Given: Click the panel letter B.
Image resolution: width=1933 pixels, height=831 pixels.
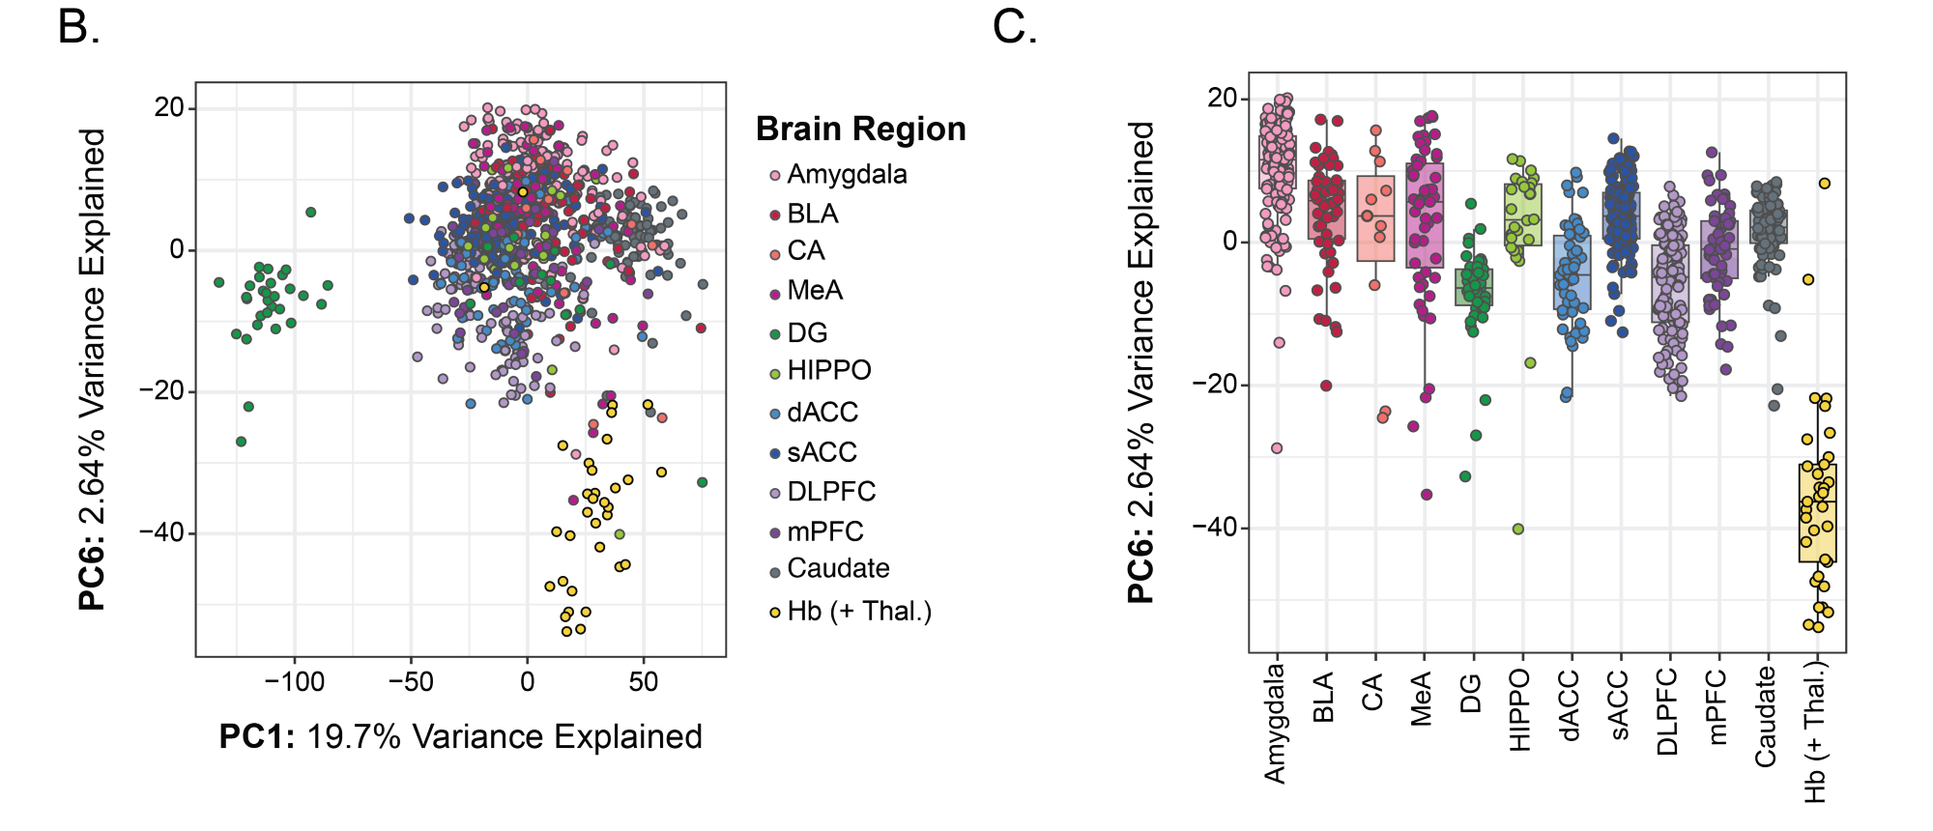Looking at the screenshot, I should (x=78, y=27).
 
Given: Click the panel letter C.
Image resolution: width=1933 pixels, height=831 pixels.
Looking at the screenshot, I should (x=1015, y=27).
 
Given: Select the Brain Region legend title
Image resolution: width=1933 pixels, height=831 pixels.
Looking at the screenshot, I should (x=860, y=129).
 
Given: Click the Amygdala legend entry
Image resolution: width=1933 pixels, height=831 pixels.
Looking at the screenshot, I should (x=847, y=175).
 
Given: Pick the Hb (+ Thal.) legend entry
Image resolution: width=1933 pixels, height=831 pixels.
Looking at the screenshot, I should (x=858, y=612).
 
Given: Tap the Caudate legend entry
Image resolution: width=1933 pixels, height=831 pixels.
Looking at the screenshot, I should (x=838, y=569).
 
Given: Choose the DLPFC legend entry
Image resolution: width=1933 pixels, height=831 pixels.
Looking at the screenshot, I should (x=831, y=492).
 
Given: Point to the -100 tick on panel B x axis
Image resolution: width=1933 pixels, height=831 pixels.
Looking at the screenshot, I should (x=294, y=682).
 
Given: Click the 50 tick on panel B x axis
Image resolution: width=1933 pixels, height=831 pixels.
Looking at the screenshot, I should (x=643, y=682).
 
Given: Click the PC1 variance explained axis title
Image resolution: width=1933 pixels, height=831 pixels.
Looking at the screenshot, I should (x=460, y=737).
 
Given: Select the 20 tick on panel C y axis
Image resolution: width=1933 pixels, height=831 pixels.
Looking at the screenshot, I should (x=1223, y=98).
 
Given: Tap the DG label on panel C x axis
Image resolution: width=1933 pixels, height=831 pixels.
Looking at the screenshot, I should (x=1471, y=693).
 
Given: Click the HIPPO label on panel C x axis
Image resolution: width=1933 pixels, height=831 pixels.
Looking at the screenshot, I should (x=1519, y=710).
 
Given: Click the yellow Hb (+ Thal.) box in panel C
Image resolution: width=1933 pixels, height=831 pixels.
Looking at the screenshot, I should (x=1817, y=513).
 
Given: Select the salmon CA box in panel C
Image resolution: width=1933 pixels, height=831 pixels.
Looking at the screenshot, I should (x=1375, y=219).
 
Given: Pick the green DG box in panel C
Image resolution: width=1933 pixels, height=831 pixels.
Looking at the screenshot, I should (x=1474, y=287).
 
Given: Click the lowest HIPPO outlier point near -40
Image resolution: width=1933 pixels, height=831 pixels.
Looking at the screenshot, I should (x=1517, y=529).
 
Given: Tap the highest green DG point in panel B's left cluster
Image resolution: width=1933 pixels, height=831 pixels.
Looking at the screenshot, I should (x=310, y=212).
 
